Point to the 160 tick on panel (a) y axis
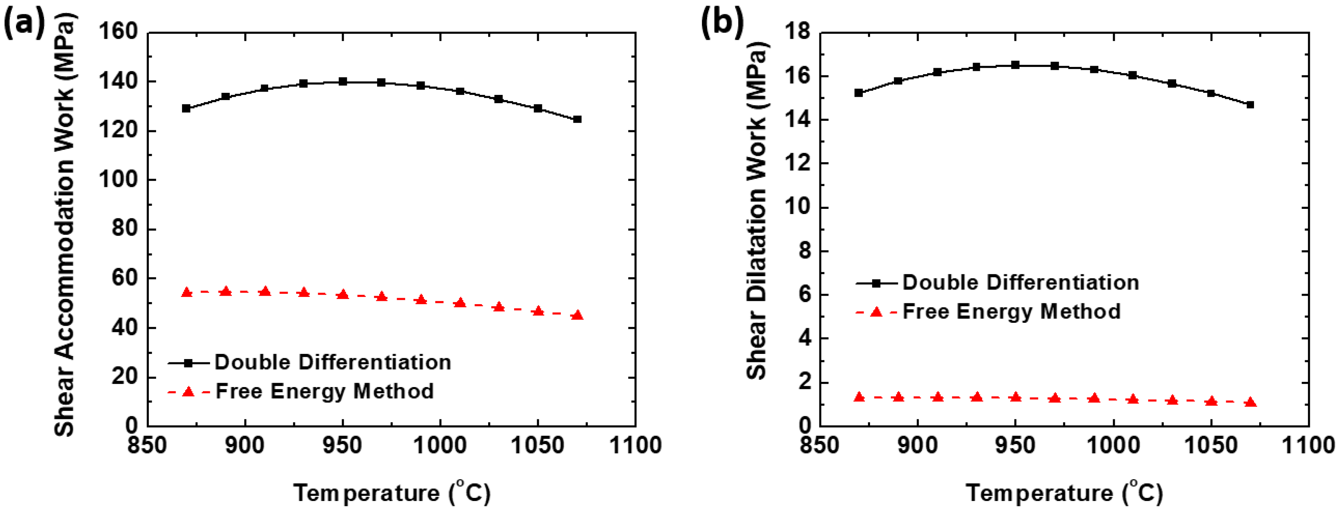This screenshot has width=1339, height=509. [118, 32]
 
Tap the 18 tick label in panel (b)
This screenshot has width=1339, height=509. [798, 32]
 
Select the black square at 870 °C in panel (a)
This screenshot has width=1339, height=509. [186, 108]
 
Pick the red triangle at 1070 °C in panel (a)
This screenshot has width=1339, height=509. [577, 315]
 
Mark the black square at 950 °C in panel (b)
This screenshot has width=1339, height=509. [1015, 65]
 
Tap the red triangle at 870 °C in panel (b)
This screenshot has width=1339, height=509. [859, 397]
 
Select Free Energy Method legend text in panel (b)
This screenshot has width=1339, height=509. [1011, 312]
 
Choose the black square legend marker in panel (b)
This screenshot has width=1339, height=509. [876, 283]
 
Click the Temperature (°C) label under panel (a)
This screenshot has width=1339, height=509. [392, 492]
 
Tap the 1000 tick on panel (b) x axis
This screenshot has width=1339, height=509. [1113, 446]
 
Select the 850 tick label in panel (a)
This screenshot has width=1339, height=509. [148, 446]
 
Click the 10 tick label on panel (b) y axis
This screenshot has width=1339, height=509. [798, 207]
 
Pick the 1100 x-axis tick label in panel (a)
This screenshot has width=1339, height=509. [635, 446]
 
